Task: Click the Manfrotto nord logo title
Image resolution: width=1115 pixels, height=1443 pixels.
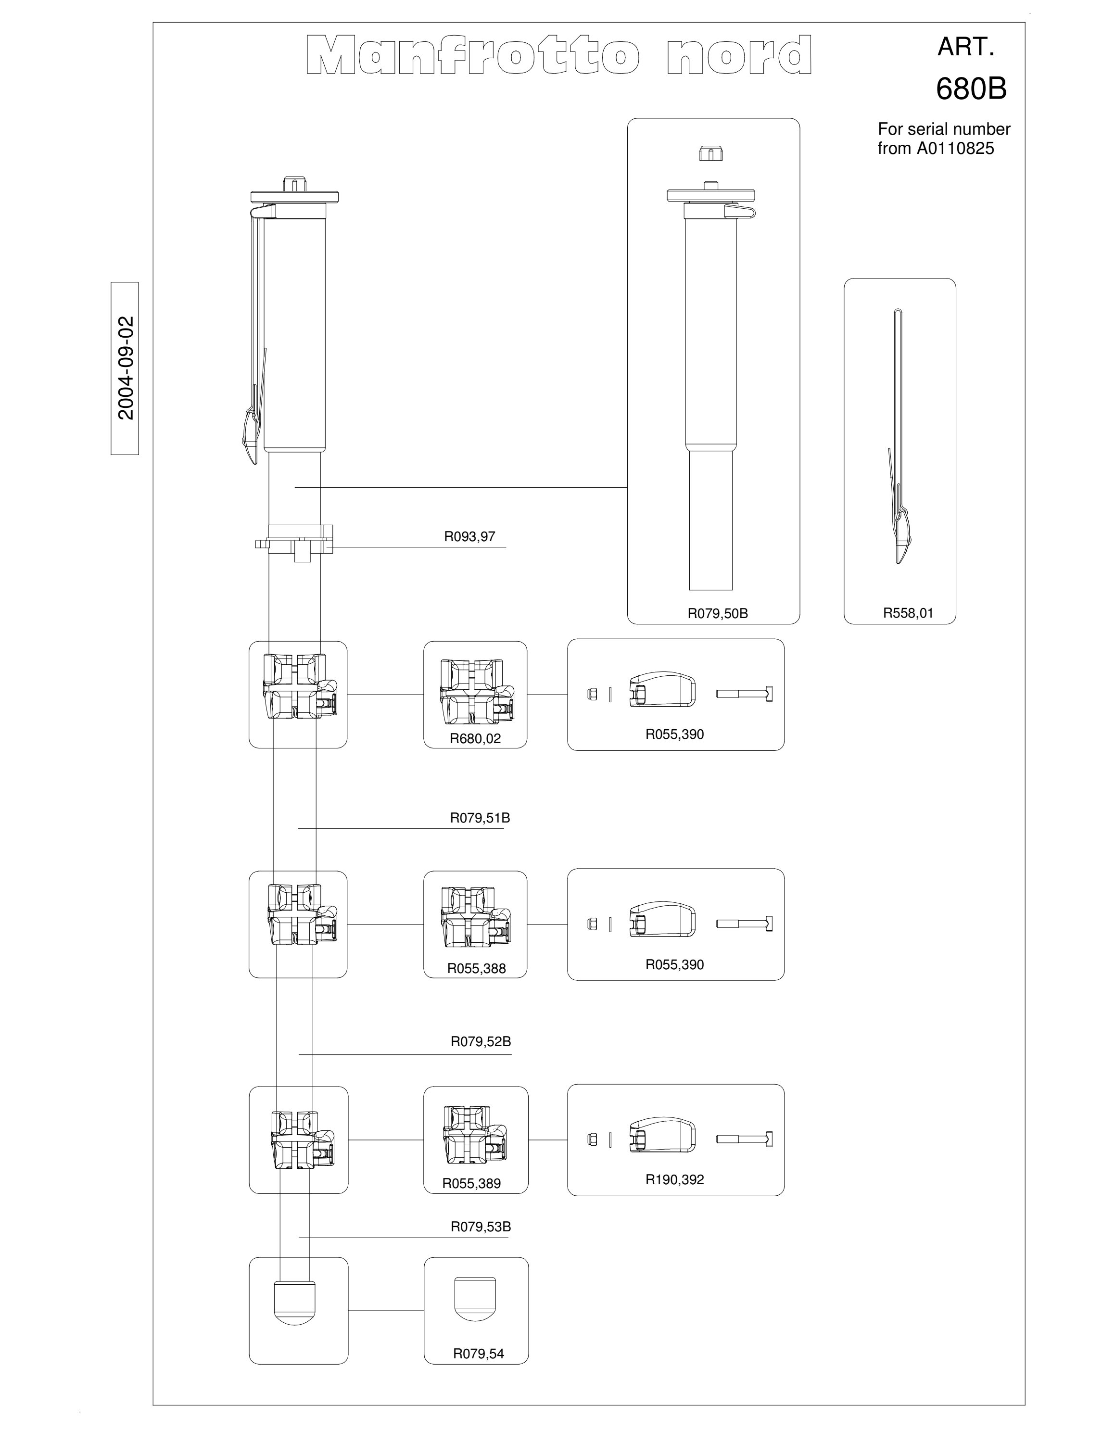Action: click(559, 55)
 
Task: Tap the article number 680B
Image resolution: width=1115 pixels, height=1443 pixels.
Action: click(971, 89)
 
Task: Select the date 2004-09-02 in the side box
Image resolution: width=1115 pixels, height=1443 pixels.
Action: click(126, 368)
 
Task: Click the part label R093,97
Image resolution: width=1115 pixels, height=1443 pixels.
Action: click(469, 536)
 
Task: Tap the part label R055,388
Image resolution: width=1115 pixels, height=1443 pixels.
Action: click(476, 969)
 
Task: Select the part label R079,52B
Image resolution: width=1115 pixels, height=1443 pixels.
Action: click(481, 1041)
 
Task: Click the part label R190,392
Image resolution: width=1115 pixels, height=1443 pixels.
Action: click(674, 1179)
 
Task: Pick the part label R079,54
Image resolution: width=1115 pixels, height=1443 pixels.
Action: click(478, 1354)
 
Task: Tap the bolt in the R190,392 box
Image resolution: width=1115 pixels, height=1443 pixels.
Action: click(745, 1139)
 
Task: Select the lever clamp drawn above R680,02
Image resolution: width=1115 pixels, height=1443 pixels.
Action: click(476, 692)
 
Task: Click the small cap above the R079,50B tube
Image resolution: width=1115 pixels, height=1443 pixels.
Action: click(711, 153)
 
